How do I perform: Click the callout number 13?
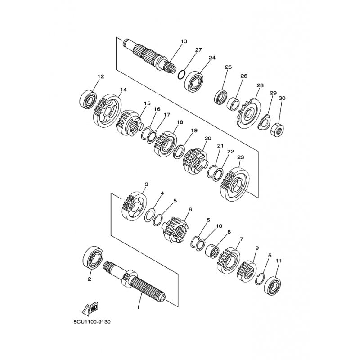[x=184, y=41]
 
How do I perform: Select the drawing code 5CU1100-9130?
[x=92, y=322]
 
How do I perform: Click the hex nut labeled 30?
[x=277, y=130]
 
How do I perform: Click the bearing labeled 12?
[x=88, y=100]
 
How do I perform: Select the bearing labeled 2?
[x=93, y=257]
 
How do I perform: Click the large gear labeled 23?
[x=234, y=184]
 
